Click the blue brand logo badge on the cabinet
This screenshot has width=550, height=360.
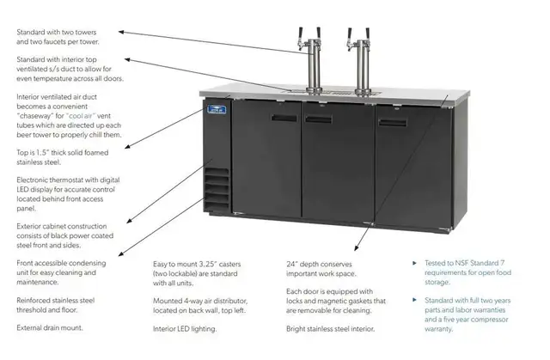[217, 109]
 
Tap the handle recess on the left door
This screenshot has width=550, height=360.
[284, 118]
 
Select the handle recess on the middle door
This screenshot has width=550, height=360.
[319, 119]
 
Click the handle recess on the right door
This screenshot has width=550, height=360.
[393, 122]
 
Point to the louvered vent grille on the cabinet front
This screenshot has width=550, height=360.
[217, 189]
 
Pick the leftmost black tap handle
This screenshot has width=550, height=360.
[301, 34]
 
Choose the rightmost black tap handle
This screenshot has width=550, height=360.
[368, 34]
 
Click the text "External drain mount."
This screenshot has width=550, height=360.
[50, 327]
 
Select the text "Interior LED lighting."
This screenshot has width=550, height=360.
[185, 329]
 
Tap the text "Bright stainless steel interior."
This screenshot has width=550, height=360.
[330, 329]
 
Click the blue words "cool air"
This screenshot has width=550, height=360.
[80, 116]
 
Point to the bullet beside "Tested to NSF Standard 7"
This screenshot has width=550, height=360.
[414, 263]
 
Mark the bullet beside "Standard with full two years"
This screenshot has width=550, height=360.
[414, 300]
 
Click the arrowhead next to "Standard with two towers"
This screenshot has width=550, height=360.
[120, 32]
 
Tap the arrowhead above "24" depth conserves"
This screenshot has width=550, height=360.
[356, 247]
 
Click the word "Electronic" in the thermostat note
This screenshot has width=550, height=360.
[32, 180]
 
